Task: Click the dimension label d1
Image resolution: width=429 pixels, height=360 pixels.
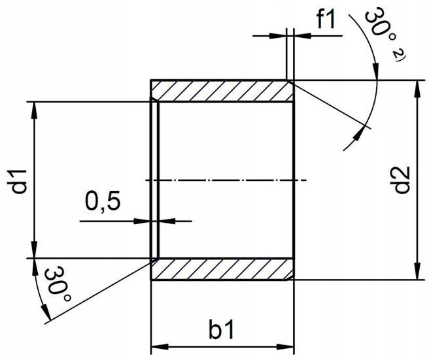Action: [20, 180]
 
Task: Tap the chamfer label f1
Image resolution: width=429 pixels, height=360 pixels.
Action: [325, 20]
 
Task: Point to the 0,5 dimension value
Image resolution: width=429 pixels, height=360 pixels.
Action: [103, 201]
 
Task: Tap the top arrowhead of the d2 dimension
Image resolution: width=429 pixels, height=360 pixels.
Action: [414, 88]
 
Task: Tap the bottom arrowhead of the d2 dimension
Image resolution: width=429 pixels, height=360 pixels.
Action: [414, 272]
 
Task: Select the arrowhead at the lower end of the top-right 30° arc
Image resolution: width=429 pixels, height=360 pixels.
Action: [359, 133]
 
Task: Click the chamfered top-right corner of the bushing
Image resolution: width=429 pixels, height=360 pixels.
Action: [290, 82]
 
